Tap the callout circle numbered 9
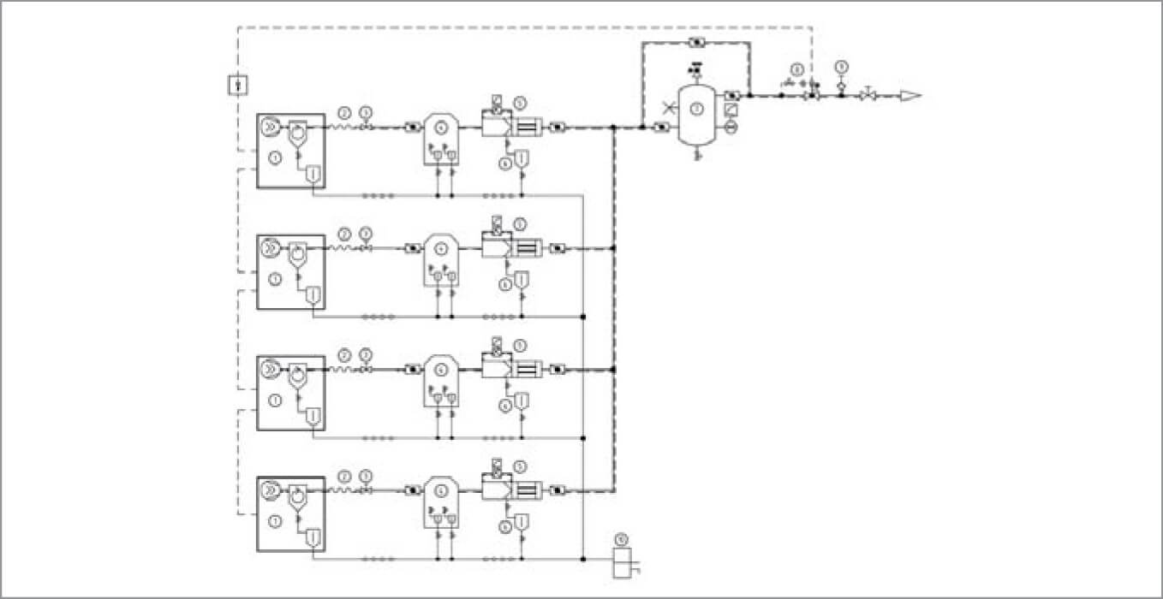pyautogui.click(x=841, y=66)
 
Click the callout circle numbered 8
pyautogui.click(x=797, y=68)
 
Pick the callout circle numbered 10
pyautogui.click(x=622, y=539)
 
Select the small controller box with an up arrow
pyautogui.click(x=239, y=85)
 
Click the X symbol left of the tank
pyautogui.click(x=668, y=109)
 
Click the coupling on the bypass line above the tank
pyautogui.click(x=696, y=42)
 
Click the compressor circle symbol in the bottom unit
pyautogui.click(x=270, y=489)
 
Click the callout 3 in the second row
pyautogui.click(x=366, y=233)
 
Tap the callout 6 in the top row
pyautogui.click(x=506, y=163)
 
